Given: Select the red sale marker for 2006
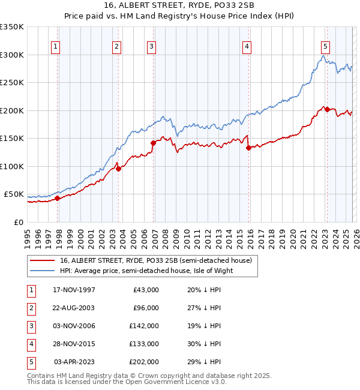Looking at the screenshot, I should point(153,143).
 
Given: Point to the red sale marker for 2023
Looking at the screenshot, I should point(327,109).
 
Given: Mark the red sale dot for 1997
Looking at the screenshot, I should point(58,198).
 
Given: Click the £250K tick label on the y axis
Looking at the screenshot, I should point(12,82).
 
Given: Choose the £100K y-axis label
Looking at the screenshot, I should point(12,166).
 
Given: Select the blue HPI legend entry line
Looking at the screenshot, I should point(43,271).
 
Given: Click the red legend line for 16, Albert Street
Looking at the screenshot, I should point(43,260).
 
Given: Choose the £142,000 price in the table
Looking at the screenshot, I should point(145,326).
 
